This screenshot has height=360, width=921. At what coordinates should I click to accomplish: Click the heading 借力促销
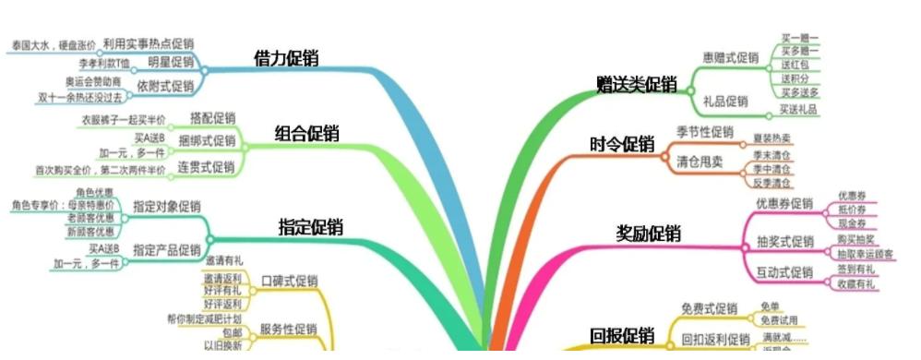[286, 58]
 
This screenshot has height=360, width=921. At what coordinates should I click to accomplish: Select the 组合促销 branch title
[307, 134]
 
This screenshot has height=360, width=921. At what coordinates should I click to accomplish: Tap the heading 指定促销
[311, 227]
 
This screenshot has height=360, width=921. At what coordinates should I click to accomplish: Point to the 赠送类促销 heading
[637, 86]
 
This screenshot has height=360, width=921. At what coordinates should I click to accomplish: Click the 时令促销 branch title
[622, 145]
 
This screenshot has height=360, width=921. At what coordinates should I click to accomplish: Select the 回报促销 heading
[622, 335]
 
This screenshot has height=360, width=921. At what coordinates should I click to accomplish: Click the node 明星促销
[171, 63]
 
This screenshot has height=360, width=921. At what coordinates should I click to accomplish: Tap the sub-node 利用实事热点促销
[149, 42]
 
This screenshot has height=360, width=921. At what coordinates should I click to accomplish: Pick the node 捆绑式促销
[207, 141]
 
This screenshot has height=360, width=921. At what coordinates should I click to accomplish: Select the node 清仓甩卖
[700, 161]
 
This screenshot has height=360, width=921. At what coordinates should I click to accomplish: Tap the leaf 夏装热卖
[771, 138]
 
